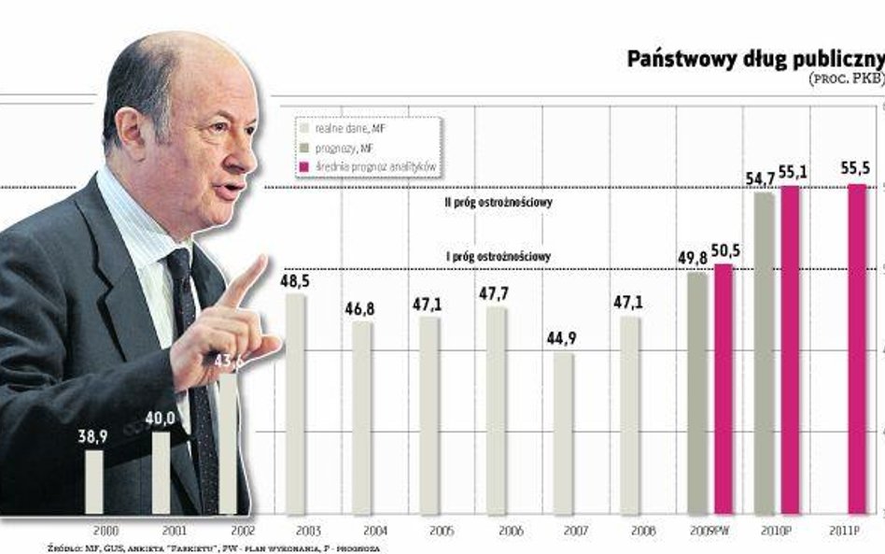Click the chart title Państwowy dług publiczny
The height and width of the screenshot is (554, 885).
pos(754,60)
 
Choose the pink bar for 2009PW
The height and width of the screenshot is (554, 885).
pos(723,389)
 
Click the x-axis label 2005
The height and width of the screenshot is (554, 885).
pos(429,530)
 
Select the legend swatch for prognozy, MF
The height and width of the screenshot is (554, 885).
pos(303,148)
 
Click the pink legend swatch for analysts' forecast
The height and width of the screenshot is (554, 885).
pos(303,165)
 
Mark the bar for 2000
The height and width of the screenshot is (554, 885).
pos(94,482)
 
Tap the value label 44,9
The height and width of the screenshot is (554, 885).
pos(563,338)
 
